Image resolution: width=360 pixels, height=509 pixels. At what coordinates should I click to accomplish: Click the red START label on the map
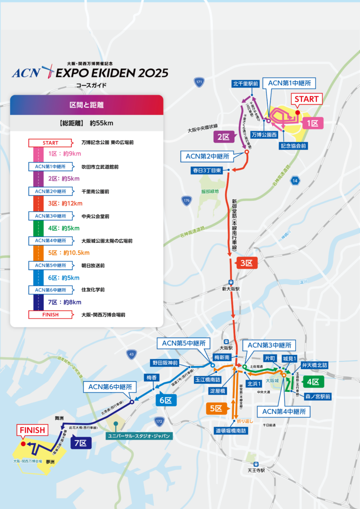(x=307, y=99)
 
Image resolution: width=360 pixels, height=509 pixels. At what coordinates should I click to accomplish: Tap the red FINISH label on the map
(x=32, y=430)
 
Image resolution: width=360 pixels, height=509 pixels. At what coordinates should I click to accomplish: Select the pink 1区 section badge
(x=313, y=123)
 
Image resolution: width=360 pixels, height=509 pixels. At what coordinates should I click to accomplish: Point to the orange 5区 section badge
(x=216, y=408)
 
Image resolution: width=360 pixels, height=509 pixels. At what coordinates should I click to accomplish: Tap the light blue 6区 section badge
(x=165, y=400)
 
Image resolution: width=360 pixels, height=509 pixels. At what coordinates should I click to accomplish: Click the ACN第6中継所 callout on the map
(x=110, y=387)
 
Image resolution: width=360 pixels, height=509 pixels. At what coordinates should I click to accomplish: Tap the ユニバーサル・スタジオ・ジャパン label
(x=139, y=436)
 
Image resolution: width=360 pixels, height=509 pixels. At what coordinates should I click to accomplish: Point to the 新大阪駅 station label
(x=231, y=289)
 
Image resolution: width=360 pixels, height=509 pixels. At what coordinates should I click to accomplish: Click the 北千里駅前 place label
(x=246, y=84)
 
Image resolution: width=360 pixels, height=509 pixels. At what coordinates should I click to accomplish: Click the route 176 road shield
(x=186, y=201)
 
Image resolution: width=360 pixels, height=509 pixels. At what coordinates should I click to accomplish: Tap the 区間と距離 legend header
(x=86, y=105)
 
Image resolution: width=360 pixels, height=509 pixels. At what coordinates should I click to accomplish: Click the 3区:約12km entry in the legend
(x=66, y=203)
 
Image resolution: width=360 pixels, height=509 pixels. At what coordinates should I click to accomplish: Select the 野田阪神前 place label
(x=165, y=363)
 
